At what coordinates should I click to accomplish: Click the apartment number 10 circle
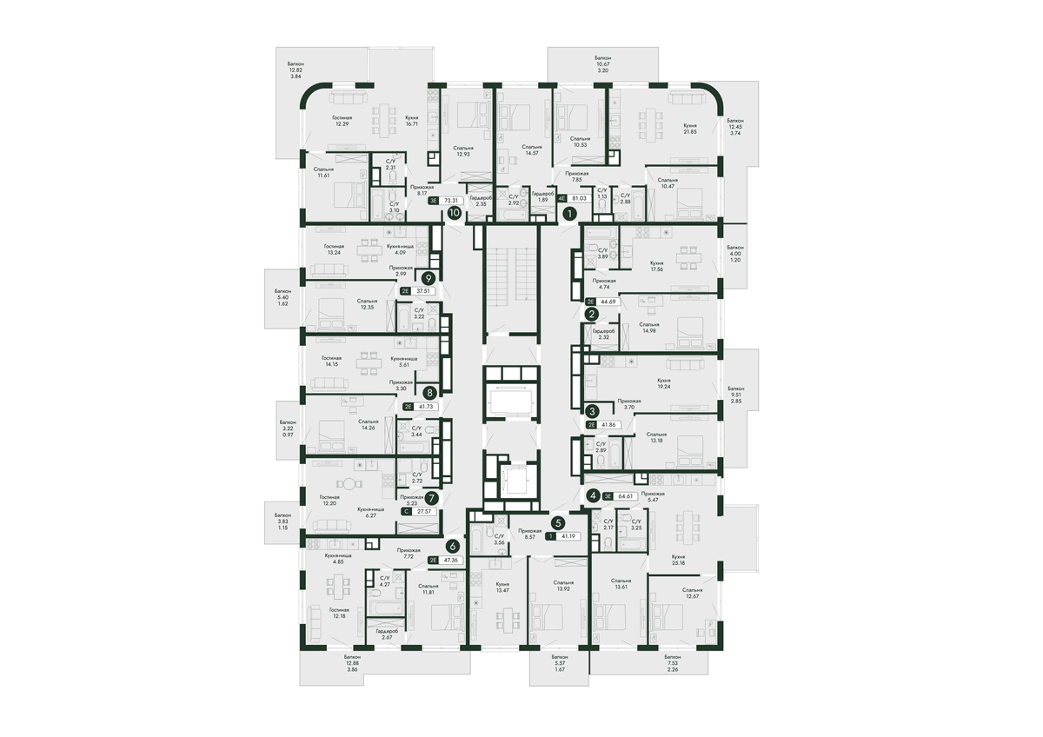[455, 213]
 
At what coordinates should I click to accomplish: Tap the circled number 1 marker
[570, 214]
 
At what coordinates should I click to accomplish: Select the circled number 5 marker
[558, 523]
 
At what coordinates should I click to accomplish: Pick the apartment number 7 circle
[432, 498]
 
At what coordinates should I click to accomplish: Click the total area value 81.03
[579, 198]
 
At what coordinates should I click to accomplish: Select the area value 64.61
[625, 496]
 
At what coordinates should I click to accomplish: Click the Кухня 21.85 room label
[689, 129]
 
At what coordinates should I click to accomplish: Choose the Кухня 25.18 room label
[679, 560]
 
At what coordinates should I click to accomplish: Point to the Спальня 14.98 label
[649, 328]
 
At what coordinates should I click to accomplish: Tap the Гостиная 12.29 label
[342, 121]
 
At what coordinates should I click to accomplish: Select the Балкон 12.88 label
[353, 662]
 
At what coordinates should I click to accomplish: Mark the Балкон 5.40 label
[282, 297]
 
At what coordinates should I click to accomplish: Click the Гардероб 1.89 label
[542, 196]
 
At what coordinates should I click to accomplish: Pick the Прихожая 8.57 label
[530, 534]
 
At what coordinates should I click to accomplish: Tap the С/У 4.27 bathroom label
[384, 581]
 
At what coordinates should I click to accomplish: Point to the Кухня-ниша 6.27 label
[370, 513]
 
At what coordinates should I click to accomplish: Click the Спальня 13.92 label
[563, 585]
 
